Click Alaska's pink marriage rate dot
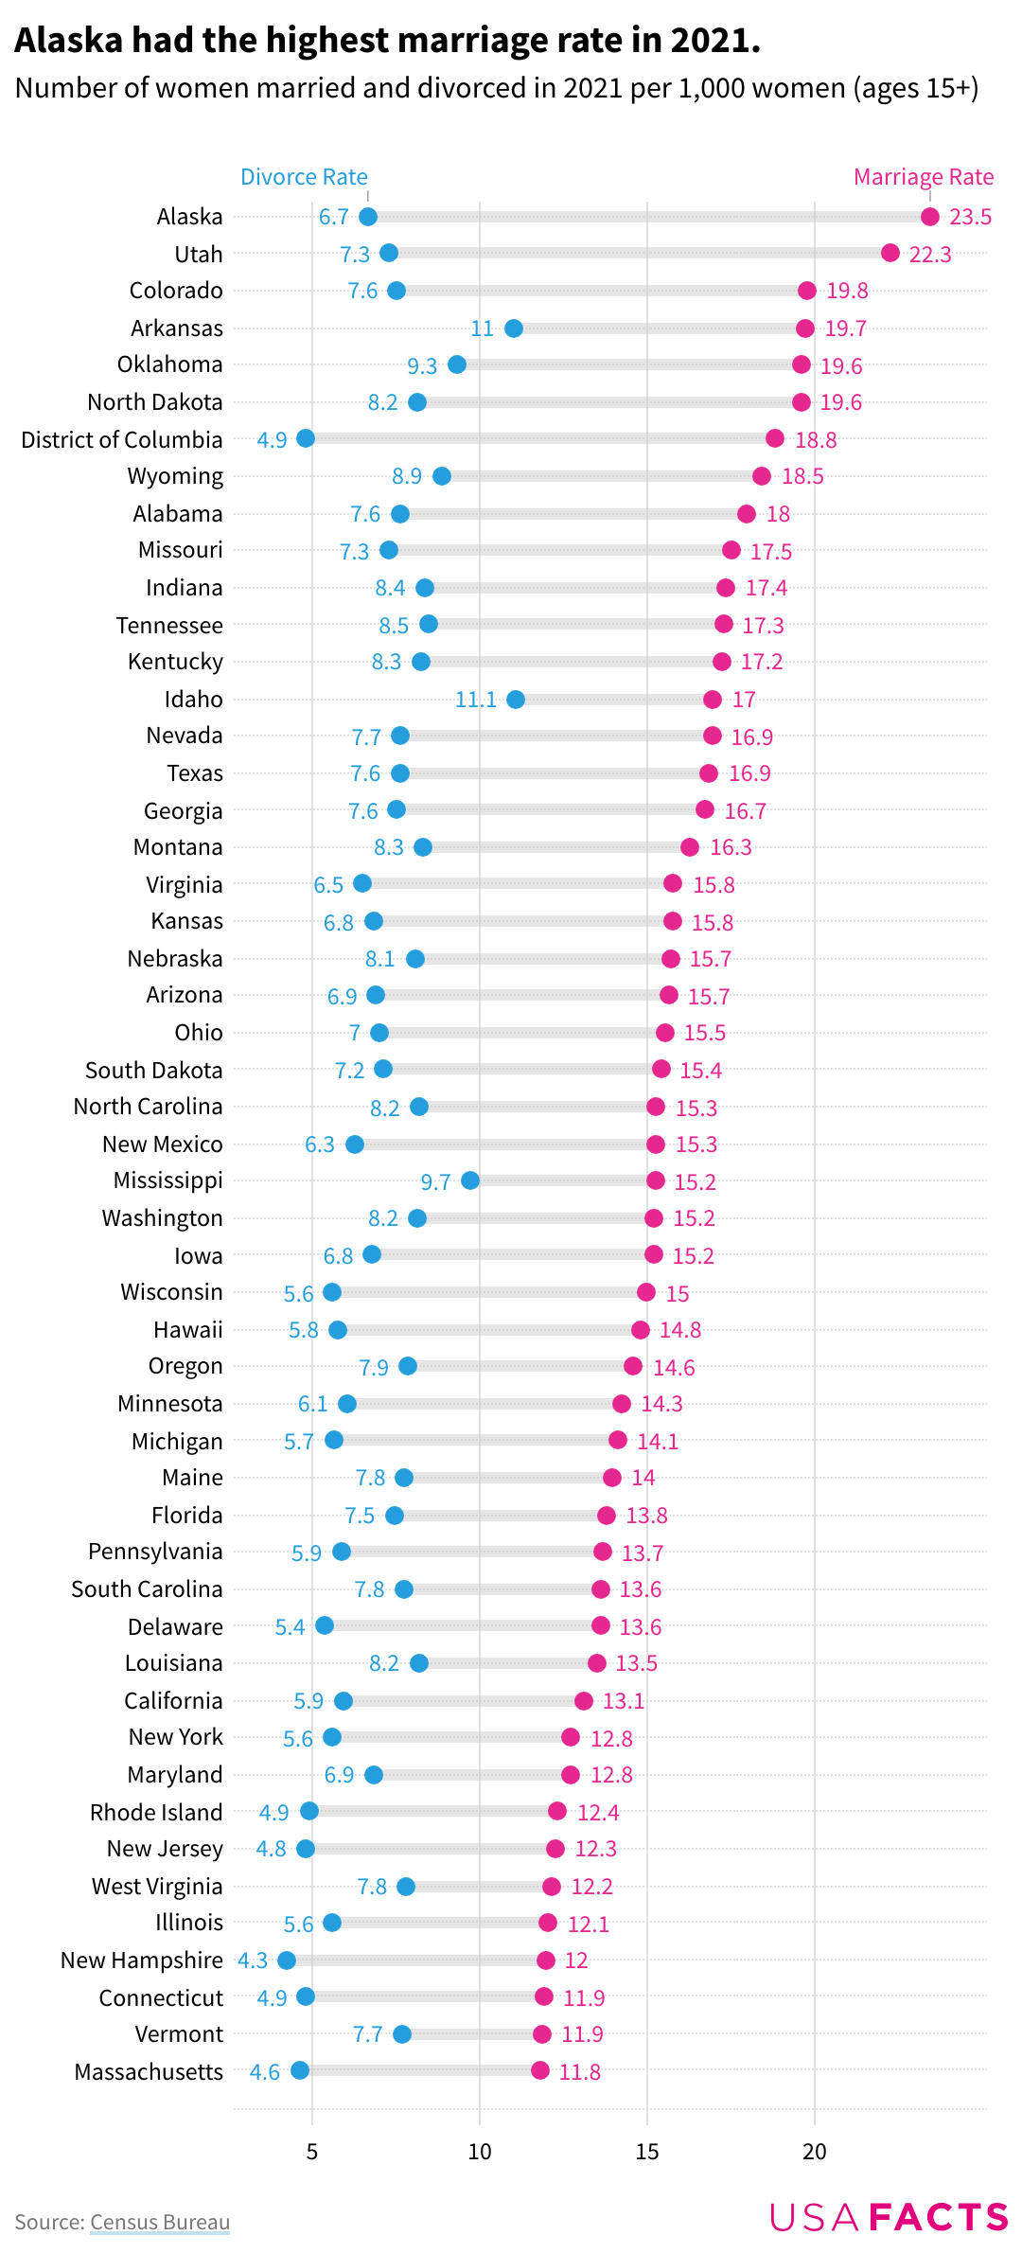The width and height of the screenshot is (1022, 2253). click(x=929, y=217)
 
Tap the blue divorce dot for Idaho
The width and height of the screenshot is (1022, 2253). click(x=516, y=700)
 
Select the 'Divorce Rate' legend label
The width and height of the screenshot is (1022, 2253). click(x=304, y=177)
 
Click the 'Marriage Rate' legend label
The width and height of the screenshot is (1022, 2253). click(x=923, y=177)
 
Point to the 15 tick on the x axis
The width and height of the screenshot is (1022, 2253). click(x=647, y=2152)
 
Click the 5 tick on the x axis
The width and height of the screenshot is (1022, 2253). click(x=312, y=2152)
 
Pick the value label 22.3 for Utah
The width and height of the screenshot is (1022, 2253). click(x=929, y=255)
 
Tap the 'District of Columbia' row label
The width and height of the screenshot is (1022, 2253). click(x=122, y=440)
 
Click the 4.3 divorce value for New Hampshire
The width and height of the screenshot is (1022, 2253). click(x=253, y=1960)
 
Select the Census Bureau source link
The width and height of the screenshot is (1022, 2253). click(x=160, y=2222)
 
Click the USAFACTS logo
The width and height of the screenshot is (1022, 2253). click(x=889, y=2217)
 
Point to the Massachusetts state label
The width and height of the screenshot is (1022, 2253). click(x=149, y=2072)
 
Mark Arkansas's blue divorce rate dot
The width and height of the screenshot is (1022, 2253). click(x=514, y=328)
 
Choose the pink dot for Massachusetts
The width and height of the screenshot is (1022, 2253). click(x=540, y=2070)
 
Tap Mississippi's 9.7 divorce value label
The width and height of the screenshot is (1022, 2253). click(x=435, y=1182)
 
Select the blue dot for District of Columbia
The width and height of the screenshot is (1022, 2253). click(x=306, y=438)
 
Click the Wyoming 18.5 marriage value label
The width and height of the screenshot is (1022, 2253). click(x=802, y=476)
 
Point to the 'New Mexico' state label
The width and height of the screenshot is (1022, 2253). click(x=163, y=1144)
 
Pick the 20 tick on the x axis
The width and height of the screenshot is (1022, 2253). click(x=815, y=2152)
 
